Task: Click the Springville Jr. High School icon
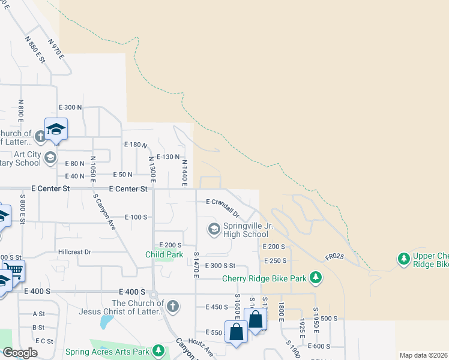(214, 229)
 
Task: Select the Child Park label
(164, 254)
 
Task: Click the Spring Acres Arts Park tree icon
(158, 350)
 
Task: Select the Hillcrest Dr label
(74, 253)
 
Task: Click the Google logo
(20, 353)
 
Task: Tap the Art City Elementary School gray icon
(50, 158)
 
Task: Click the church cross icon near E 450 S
(172, 307)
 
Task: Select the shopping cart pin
(12, 271)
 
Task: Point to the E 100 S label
(136, 217)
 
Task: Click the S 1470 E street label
(196, 265)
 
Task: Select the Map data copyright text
(423, 355)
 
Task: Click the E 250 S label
(275, 261)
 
